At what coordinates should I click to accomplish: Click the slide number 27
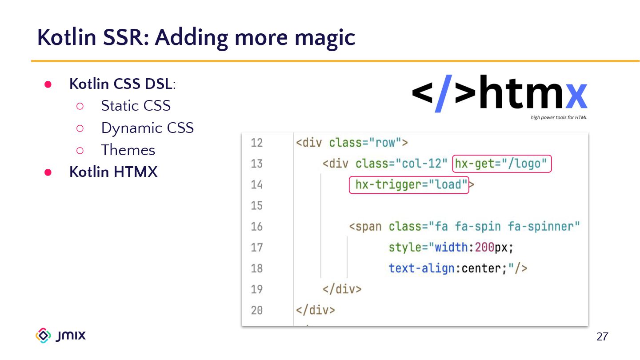pyautogui.click(x=602, y=337)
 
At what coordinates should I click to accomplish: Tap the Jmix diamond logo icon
pyautogui.click(x=43, y=336)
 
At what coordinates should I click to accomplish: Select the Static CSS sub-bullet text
pyautogui.click(x=136, y=106)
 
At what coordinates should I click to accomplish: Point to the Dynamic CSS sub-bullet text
pyautogui.click(x=147, y=128)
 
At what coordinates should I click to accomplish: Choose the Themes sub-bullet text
pyautogui.click(x=128, y=150)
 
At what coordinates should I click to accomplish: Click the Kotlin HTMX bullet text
pyautogui.click(x=113, y=172)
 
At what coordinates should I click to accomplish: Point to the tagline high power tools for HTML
pyautogui.click(x=559, y=118)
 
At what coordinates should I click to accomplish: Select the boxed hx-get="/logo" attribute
pyautogui.click(x=501, y=164)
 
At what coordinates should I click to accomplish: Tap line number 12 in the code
pyautogui.click(x=257, y=143)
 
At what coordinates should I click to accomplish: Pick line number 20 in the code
pyautogui.click(x=257, y=310)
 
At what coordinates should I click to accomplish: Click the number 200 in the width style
pyautogui.click(x=484, y=248)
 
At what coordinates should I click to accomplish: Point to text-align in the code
pyautogui.click(x=421, y=268)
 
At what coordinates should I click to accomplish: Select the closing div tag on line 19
pyautogui.click(x=342, y=289)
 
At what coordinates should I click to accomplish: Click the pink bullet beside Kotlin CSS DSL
pyautogui.click(x=48, y=84)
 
